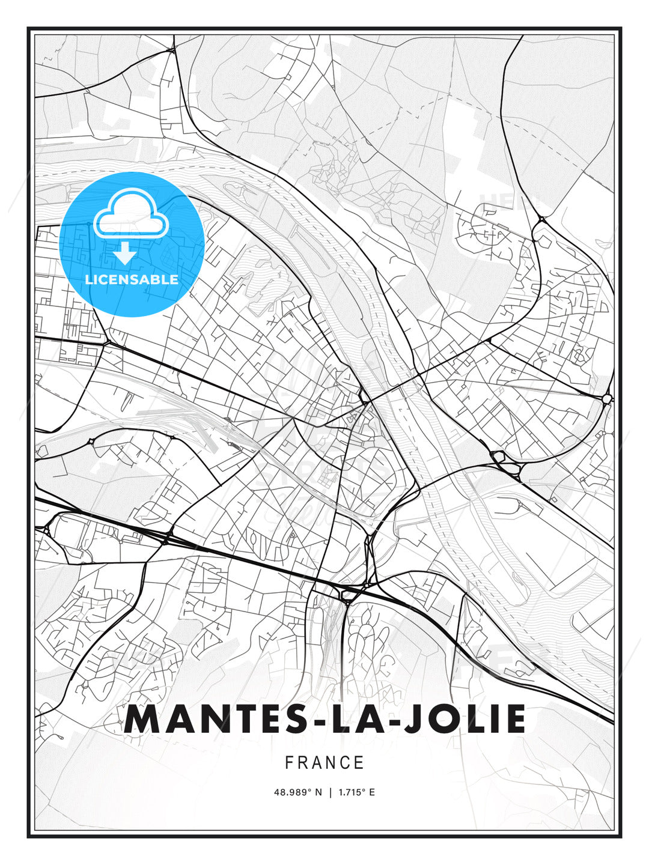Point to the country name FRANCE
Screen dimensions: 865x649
pos(324,763)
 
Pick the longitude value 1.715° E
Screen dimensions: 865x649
pos(356,792)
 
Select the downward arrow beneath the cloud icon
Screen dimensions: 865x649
pos(125,254)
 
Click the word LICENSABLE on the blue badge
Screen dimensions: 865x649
pos(132,279)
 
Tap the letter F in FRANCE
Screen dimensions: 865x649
pos(289,763)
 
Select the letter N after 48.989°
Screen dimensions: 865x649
pos(318,792)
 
